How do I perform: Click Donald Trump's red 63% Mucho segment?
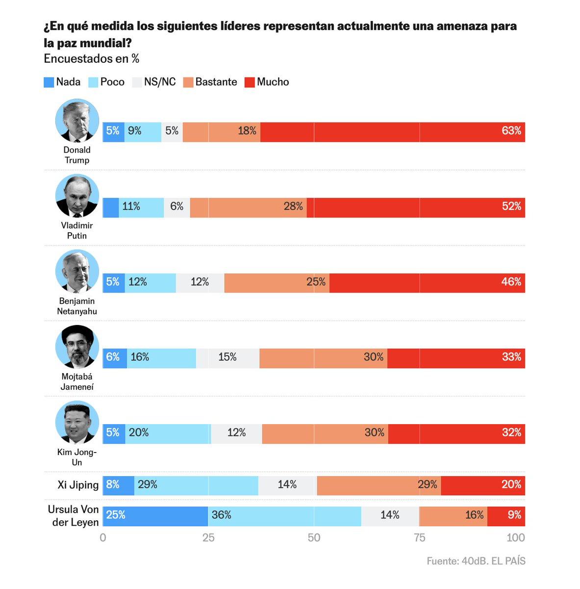[x=392, y=132]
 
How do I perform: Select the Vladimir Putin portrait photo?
[x=77, y=196]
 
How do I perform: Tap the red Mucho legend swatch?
[x=250, y=82]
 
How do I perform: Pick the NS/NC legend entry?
[x=154, y=82]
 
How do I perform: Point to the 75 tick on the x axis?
[x=419, y=537]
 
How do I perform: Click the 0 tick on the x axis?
[x=103, y=537]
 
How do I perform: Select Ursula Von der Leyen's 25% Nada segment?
[x=155, y=516]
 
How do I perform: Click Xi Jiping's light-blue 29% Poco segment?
[x=196, y=485]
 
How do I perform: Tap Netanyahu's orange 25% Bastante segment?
[x=277, y=283]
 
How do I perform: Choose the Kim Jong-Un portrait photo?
[x=77, y=423]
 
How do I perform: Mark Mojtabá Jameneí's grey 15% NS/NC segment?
[x=227, y=358]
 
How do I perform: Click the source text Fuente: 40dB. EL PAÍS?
[x=476, y=561]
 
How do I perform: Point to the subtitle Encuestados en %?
[x=92, y=59]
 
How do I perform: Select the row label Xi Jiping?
[x=78, y=485]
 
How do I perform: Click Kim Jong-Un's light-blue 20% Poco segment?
[x=167, y=433]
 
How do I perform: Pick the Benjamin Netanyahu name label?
[x=77, y=306]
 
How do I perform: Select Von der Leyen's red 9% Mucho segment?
[x=506, y=516]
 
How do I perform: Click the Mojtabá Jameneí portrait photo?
[x=77, y=347]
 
